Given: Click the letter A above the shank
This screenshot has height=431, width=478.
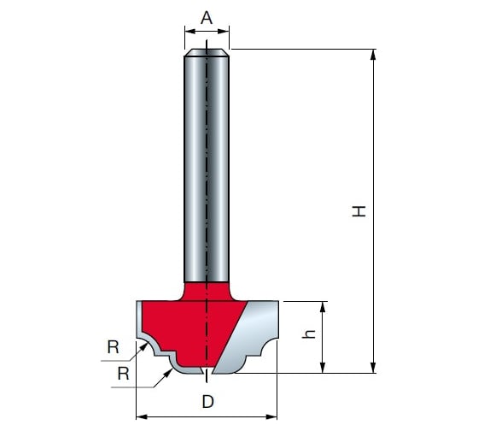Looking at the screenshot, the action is point(207,18).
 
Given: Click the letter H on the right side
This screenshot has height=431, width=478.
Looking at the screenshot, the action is point(358,211).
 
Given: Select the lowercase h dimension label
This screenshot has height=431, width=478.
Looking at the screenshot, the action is point(308,334).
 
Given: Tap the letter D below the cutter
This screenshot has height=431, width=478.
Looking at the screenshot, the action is point(207,402).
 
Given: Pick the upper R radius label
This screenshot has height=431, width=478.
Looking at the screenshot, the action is point(113,347).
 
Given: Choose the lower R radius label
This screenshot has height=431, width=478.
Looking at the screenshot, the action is point(124,374).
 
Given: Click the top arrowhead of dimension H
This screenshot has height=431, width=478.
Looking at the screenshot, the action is point(373,55).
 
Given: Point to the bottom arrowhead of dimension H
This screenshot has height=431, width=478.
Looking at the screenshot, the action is point(373,368).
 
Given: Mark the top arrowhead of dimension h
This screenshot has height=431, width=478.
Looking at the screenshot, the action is point(324,307).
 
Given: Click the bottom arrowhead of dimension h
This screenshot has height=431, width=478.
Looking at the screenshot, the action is point(324,368).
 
